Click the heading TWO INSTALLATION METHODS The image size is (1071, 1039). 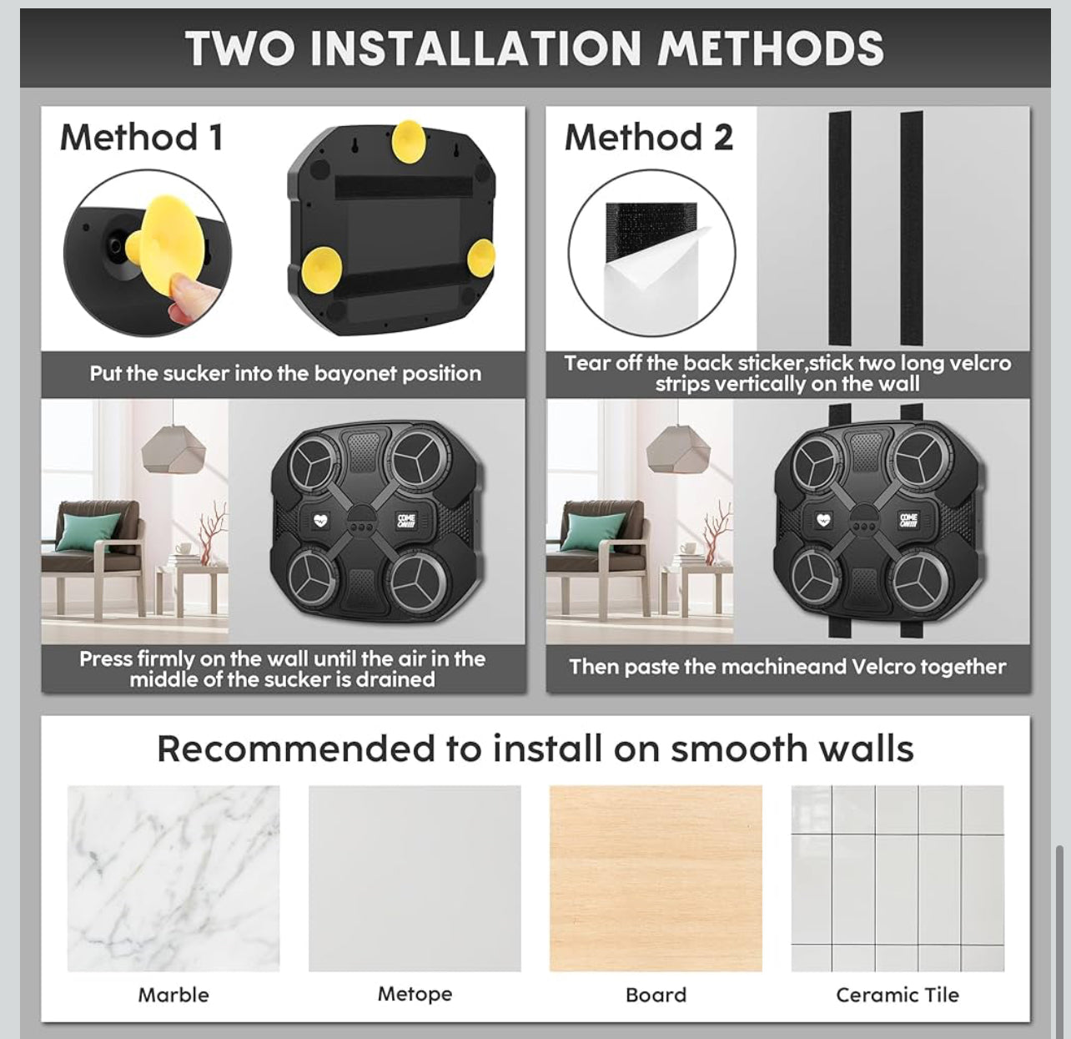pyautogui.click(x=535, y=48)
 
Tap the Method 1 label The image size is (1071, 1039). pyautogui.click(x=142, y=137)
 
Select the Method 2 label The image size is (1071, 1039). pyautogui.click(x=649, y=137)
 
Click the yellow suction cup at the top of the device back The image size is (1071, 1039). pyautogui.click(x=408, y=142)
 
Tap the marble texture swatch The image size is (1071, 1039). pyautogui.click(x=173, y=879)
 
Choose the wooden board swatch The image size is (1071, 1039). pyautogui.click(x=656, y=879)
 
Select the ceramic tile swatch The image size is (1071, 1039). pyautogui.click(x=897, y=879)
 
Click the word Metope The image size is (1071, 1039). pyautogui.click(x=415, y=994)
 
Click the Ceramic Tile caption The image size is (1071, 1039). pyautogui.click(x=897, y=995)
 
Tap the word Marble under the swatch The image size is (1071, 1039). pyautogui.click(x=173, y=995)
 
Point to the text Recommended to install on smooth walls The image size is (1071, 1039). pyautogui.click(x=535, y=749)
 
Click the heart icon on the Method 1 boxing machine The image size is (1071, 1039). pyautogui.click(x=320, y=520)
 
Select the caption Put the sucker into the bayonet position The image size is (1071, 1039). pyautogui.click(x=285, y=373)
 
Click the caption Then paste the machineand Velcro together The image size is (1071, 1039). pyautogui.click(x=787, y=667)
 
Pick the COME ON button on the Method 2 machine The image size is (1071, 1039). pyautogui.click(x=908, y=519)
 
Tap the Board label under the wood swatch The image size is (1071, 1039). pyautogui.click(x=656, y=995)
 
